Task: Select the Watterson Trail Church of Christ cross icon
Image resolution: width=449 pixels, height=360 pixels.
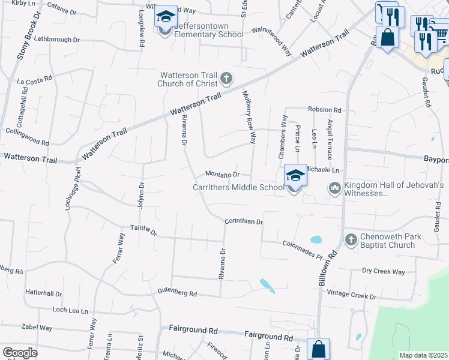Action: (x=226, y=78)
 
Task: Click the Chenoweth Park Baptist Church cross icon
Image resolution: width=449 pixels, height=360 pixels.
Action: (x=352, y=240)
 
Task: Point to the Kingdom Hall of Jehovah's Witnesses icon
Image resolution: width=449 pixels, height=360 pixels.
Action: (x=334, y=189)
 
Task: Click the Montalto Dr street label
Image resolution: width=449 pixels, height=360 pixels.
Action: (x=223, y=175)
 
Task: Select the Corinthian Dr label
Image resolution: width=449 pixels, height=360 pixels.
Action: (x=244, y=221)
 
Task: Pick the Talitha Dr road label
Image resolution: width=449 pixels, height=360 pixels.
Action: (x=143, y=231)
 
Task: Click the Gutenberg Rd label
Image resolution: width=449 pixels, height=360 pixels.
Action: (x=177, y=293)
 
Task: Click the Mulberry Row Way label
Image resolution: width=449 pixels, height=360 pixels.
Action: (x=249, y=117)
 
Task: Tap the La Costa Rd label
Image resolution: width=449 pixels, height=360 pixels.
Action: (x=34, y=81)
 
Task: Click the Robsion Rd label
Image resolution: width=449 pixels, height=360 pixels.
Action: (x=324, y=110)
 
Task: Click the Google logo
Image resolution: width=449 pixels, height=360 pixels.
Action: (x=20, y=352)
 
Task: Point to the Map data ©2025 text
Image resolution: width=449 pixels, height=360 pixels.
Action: (x=423, y=355)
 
